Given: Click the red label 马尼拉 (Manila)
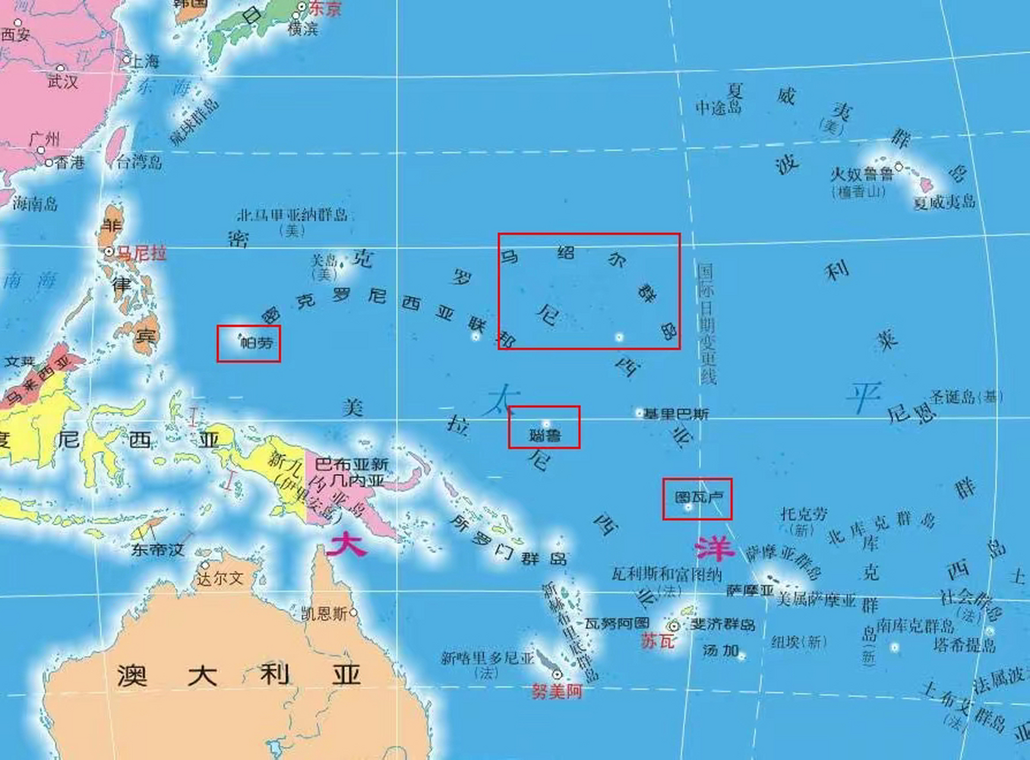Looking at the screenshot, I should point(141,254).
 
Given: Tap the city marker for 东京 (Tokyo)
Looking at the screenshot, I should point(301,7).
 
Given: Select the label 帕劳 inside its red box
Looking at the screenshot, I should point(256,343).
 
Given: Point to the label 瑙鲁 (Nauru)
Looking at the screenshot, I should point(545,436).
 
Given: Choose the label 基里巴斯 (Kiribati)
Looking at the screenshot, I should point(676,414).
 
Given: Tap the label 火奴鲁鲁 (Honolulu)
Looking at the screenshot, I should point(861,175).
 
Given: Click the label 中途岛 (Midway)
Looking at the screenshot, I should point(719,107).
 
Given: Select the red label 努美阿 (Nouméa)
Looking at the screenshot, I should point(557,691).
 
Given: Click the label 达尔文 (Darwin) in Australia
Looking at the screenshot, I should point(220,578).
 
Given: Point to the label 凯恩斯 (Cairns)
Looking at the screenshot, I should point(324,613).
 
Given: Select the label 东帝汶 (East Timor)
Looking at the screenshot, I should point(158,549).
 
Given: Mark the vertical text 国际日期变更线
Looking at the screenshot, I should point(707,324).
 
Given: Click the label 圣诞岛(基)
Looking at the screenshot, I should point(966,397).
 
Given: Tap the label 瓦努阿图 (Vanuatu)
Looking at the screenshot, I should point(617,623).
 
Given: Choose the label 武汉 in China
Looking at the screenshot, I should point(63,81).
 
